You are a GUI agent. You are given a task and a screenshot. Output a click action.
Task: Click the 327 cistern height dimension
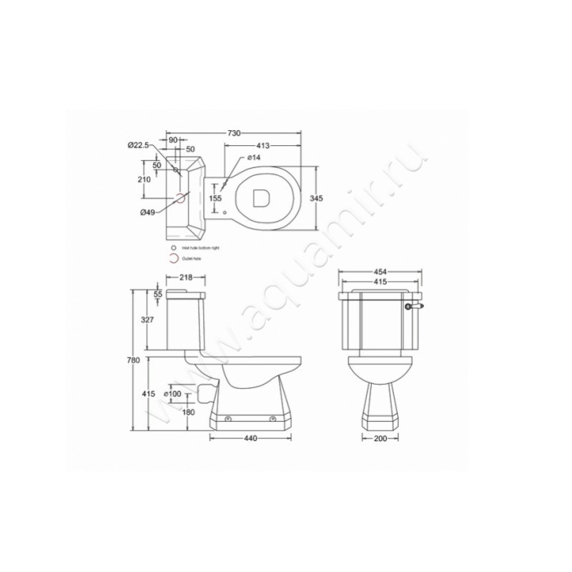tap(146, 320)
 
